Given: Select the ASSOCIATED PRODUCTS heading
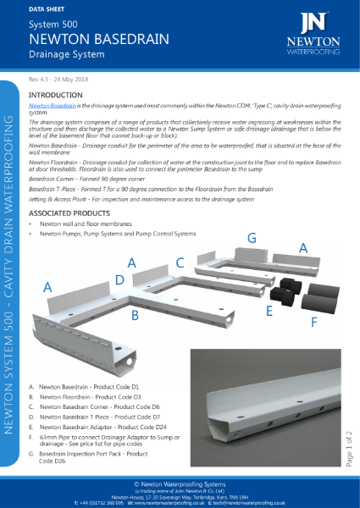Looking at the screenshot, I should click(x=74, y=213).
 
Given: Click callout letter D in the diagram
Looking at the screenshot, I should click(x=120, y=279).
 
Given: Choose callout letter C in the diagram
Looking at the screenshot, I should click(x=180, y=262).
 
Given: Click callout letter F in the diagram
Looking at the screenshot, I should click(x=316, y=322).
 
